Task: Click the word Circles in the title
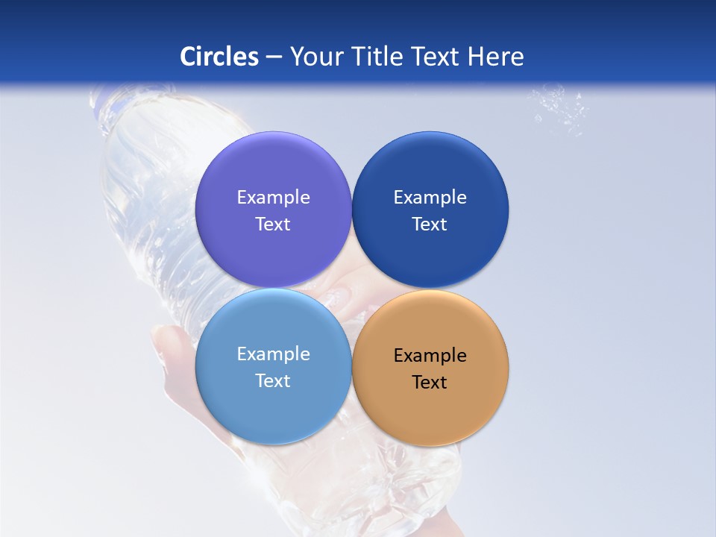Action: [x=219, y=57]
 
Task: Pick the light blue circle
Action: [x=273, y=403]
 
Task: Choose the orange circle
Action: [x=430, y=406]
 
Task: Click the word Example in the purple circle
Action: [x=273, y=197]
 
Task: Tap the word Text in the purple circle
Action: [x=273, y=224]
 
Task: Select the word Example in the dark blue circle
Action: [x=430, y=197]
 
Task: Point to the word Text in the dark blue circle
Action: [x=430, y=224]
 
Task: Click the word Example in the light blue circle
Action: [x=273, y=354]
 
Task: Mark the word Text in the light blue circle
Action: [x=273, y=380]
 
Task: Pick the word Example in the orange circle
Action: [x=430, y=355]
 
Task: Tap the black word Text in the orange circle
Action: [x=430, y=382]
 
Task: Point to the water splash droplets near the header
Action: [x=559, y=108]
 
